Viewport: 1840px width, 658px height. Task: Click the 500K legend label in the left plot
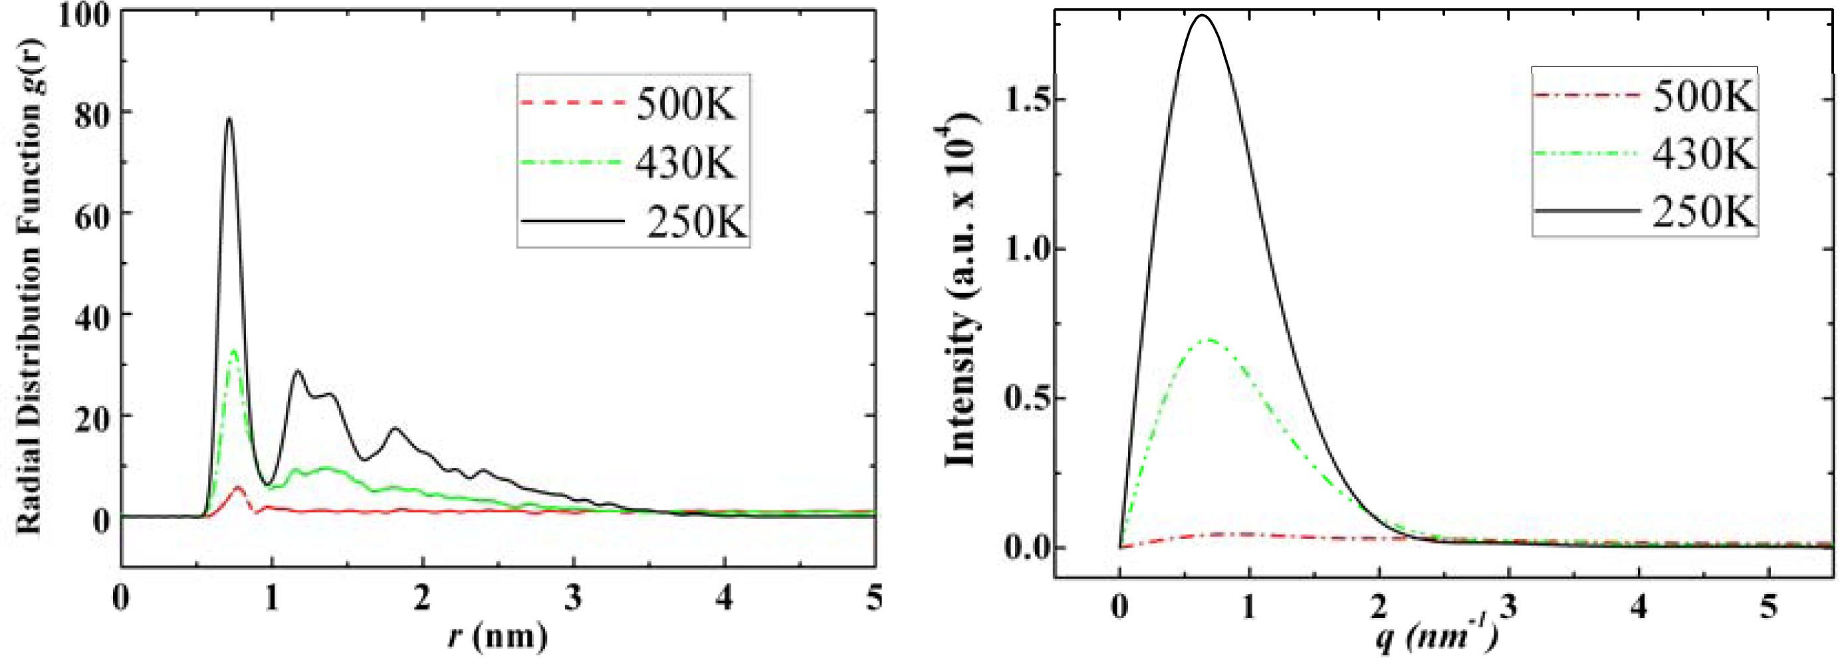point(684,104)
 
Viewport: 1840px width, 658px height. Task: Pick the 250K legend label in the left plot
point(694,221)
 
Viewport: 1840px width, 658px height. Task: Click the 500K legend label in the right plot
point(1703,95)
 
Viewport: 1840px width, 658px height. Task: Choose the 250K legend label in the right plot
point(1703,211)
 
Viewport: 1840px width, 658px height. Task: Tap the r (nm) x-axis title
point(498,635)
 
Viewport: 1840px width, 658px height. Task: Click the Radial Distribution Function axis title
point(29,286)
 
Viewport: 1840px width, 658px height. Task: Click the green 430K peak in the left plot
point(233,351)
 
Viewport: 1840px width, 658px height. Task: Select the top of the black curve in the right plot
point(1202,16)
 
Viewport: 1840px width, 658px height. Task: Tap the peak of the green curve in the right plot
point(1209,340)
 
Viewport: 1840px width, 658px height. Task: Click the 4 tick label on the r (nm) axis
point(725,598)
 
